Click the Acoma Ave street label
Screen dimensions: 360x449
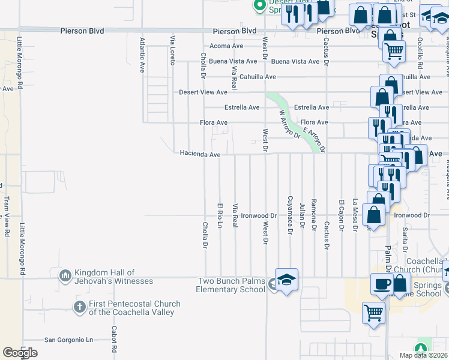point(225,46)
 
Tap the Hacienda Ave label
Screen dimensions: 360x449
point(200,154)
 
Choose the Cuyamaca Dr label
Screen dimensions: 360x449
point(289,212)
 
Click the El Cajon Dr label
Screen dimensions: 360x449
point(340,215)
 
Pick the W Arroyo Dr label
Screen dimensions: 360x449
point(288,123)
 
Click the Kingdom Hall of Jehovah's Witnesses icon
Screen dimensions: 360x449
point(65,276)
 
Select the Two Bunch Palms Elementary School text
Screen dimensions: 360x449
point(231,285)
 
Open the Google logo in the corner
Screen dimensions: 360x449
point(20,353)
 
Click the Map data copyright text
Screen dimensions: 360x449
point(424,355)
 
